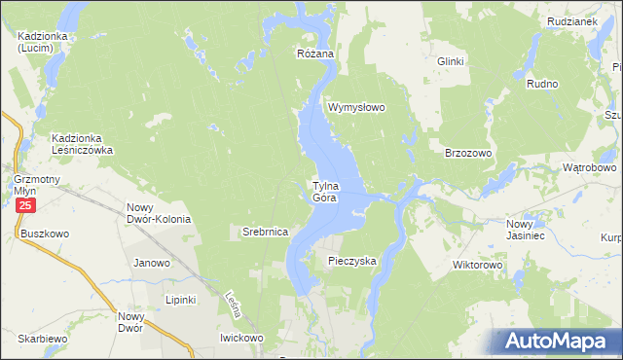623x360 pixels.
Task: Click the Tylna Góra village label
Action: coord(325,191)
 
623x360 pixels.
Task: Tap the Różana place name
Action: coord(315,54)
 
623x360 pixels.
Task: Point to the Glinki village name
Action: coord(451,61)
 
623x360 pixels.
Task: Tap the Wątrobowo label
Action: coord(590,167)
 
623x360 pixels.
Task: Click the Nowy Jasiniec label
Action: coord(527,230)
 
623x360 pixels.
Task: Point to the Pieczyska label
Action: coord(351,261)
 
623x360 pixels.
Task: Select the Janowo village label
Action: coord(151,263)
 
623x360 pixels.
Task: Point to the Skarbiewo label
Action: coord(41,338)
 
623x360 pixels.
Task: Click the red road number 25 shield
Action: coord(26,207)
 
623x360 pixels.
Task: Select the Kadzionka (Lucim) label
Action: coord(41,42)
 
